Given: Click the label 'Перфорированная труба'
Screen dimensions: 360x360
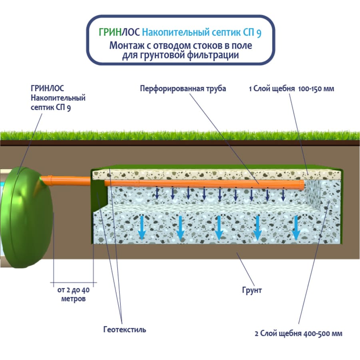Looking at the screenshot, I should pyautogui.click(x=183, y=89).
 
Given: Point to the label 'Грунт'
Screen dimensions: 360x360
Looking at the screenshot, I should pyautogui.click(x=252, y=290).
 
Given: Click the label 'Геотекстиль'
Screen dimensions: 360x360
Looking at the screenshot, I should pyautogui.click(x=125, y=330).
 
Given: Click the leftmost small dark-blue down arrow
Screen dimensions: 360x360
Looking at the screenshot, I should pyautogui.click(x=157, y=193).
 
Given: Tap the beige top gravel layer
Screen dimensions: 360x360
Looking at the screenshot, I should pyautogui.click(x=216, y=173).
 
